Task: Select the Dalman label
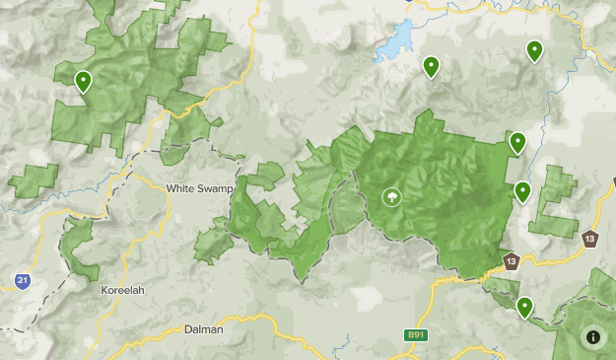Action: [x=203, y=330]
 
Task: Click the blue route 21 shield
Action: [x=22, y=281]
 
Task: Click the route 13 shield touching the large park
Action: [x=511, y=261]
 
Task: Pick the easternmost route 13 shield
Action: [x=589, y=238]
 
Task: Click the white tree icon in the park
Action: [x=392, y=197]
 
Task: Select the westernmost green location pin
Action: [x=83, y=81]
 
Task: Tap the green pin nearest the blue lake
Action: [x=431, y=67]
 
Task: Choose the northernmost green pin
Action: [x=534, y=51]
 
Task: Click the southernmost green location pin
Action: [x=525, y=308]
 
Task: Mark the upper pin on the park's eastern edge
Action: [x=516, y=143]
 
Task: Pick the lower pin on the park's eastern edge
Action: [x=522, y=191]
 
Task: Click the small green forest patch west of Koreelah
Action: [x=76, y=247]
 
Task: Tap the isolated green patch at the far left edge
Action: [x=33, y=181]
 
